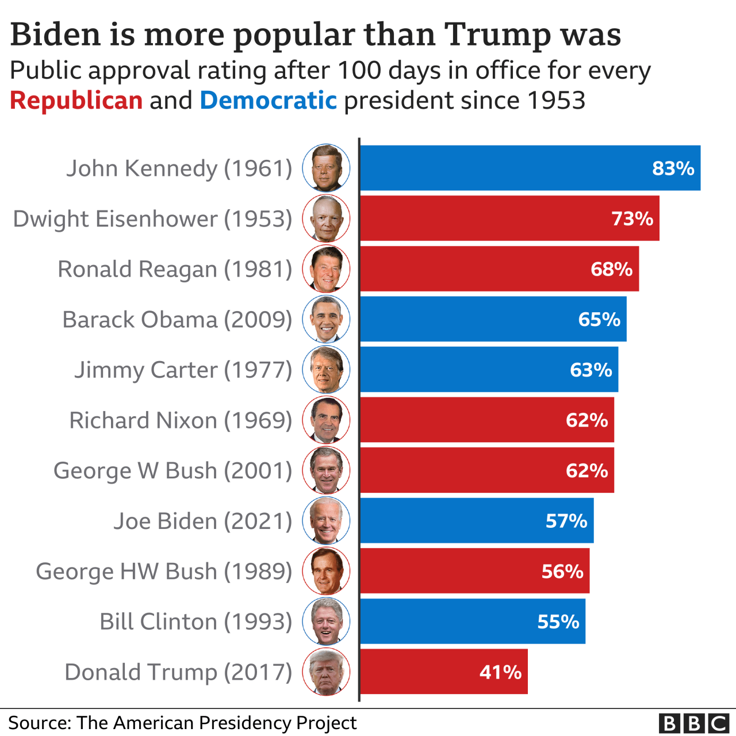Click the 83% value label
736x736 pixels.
pos(673,168)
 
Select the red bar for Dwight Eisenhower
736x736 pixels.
pos(509,218)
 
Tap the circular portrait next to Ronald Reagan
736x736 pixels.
pos(326,269)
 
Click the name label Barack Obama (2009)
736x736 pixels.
pos(177,320)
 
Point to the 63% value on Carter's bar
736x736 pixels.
pos(591,370)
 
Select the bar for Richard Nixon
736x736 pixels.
pos(487,420)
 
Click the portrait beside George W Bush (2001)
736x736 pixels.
pos(326,470)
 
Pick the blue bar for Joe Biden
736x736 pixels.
pos(477,521)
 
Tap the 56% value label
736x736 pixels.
pos(562,572)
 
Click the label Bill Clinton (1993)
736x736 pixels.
pos(195,622)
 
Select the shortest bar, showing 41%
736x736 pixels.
pos(444,672)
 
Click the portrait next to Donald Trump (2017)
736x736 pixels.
pos(326,672)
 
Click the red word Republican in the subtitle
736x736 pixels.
pos(76,101)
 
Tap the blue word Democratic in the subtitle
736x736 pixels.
pos(268,101)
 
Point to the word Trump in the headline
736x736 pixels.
pos(498,34)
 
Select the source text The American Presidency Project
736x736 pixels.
pos(217,723)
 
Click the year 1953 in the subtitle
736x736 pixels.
pos(556,101)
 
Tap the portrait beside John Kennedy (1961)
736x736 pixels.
pos(326,168)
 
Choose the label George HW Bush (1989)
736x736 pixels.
pos(164,572)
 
